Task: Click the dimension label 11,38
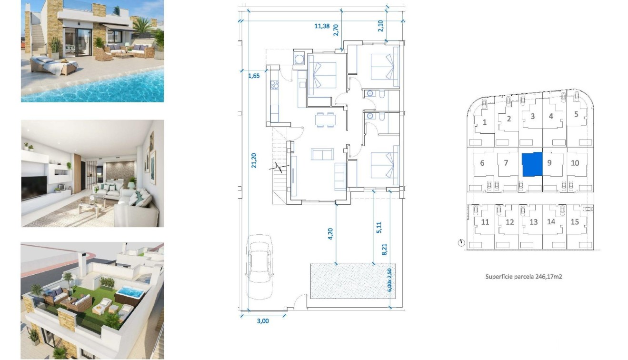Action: click(x=322, y=26)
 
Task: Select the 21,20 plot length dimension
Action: click(x=254, y=160)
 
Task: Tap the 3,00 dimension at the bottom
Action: click(x=262, y=321)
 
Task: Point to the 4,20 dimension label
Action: click(x=330, y=234)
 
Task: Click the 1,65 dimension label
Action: click(x=254, y=75)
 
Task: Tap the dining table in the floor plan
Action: click(x=325, y=120)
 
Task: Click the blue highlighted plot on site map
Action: click(x=532, y=164)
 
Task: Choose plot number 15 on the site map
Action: click(x=575, y=222)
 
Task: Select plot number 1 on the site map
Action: click(x=485, y=122)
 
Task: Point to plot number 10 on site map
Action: click(x=575, y=163)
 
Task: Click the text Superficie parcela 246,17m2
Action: click(x=524, y=276)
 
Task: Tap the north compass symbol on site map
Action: click(x=461, y=243)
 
